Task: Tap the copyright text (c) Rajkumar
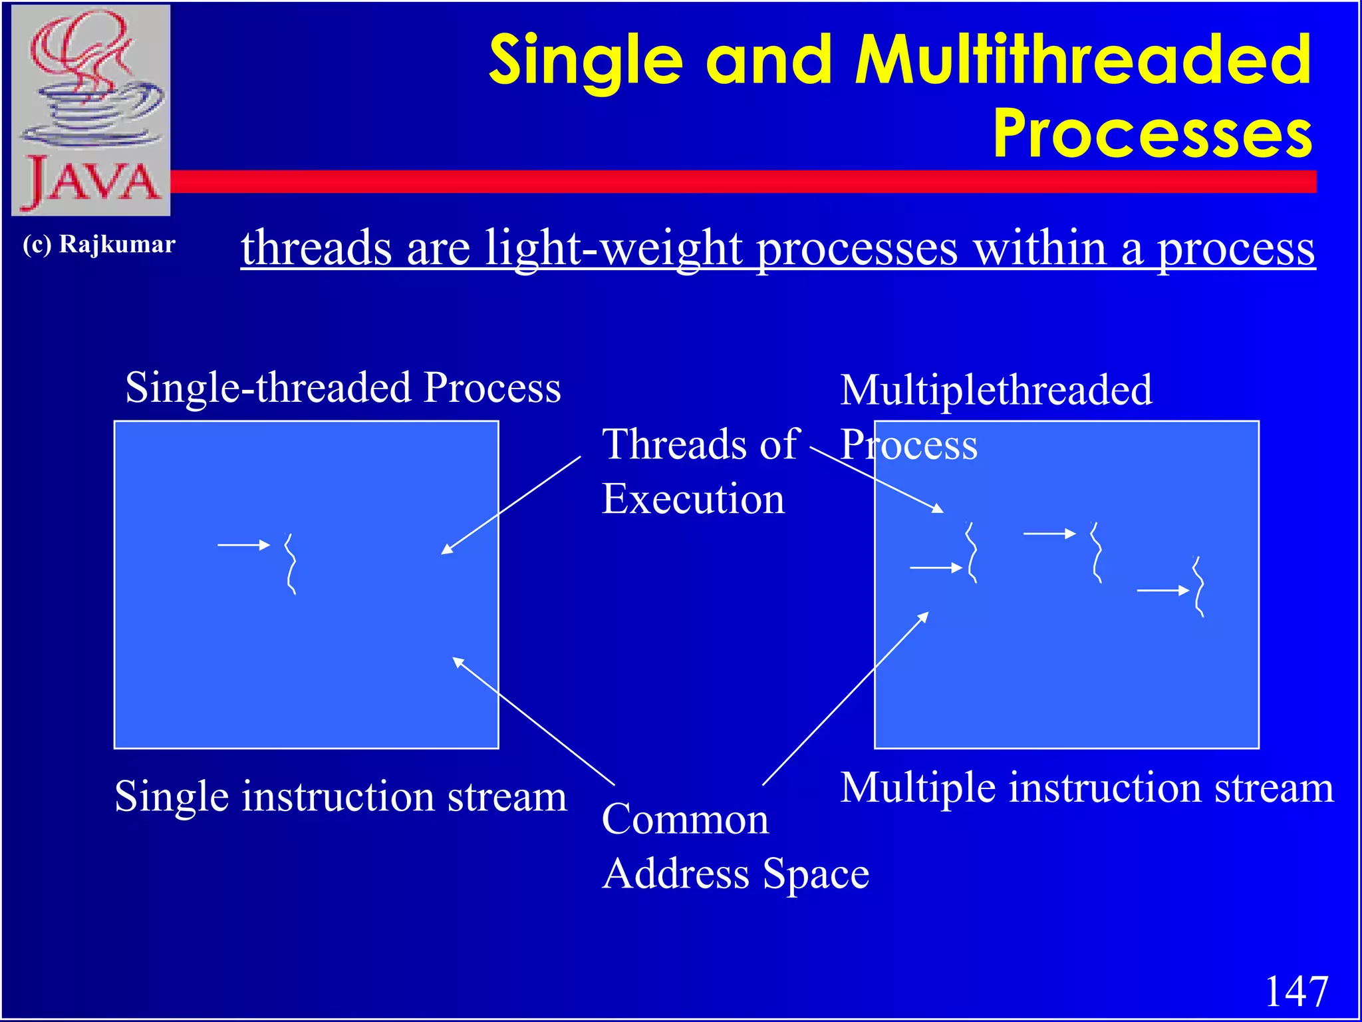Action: (99, 244)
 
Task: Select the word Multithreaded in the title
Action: (1083, 61)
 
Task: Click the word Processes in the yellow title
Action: (1153, 134)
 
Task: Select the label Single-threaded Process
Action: (342, 387)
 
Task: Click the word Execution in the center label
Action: (693, 499)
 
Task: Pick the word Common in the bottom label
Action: (685, 819)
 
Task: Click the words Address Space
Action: (735, 874)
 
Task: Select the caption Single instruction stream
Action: (340, 796)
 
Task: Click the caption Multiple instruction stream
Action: (1086, 788)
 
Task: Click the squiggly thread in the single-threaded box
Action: (291, 564)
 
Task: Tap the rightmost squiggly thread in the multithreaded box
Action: (1198, 587)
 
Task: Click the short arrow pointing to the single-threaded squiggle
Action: (243, 545)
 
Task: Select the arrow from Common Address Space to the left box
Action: (532, 721)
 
